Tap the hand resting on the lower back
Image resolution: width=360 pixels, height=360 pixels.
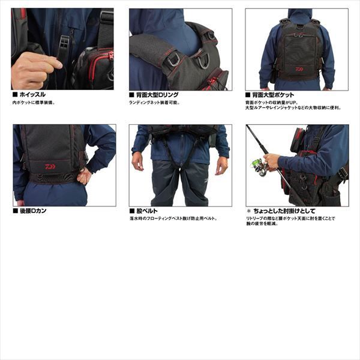(85, 175)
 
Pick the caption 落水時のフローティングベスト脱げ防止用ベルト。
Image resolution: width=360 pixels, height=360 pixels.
(173, 219)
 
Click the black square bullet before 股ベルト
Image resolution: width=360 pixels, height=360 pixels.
(131, 211)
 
